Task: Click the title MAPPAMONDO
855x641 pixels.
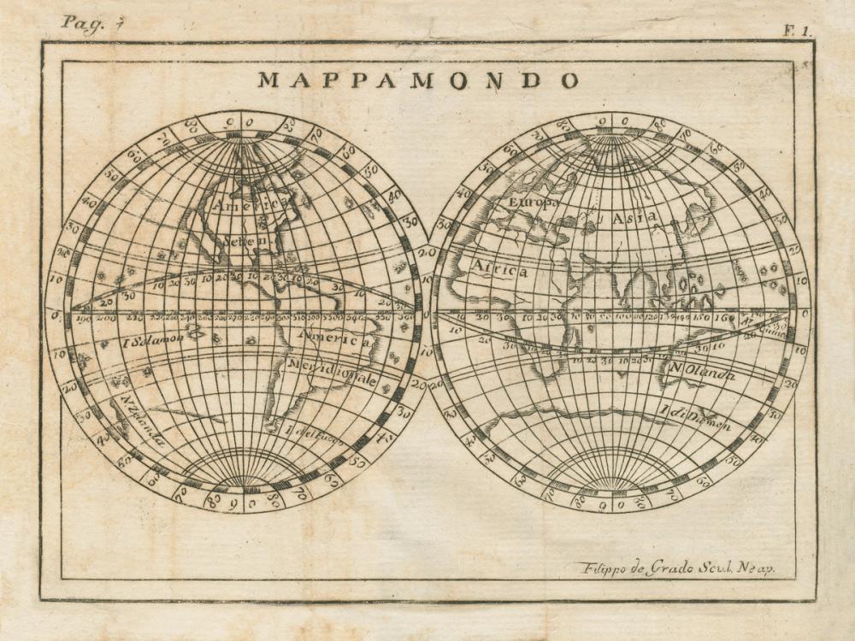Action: pyautogui.click(x=418, y=80)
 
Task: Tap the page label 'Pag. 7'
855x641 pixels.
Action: pyautogui.click(x=82, y=23)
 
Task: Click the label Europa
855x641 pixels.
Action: pyautogui.click(x=533, y=203)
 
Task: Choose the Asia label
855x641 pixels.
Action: pyautogui.click(x=634, y=218)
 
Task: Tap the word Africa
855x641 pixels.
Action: pyautogui.click(x=499, y=270)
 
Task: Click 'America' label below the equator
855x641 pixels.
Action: pyautogui.click(x=333, y=338)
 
